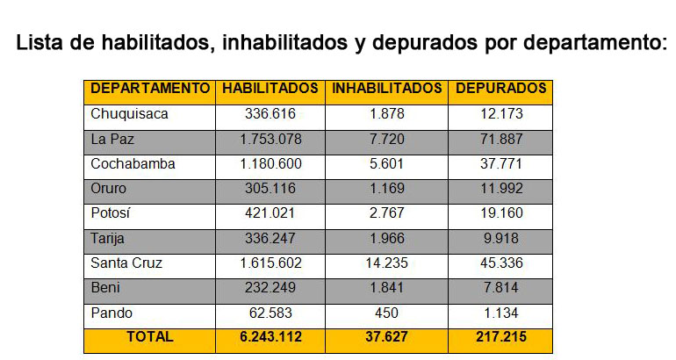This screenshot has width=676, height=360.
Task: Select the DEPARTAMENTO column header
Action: (x=150, y=89)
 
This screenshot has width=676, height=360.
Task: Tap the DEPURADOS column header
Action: (x=500, y=89)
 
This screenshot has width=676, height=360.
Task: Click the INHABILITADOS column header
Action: (x=386, y=89)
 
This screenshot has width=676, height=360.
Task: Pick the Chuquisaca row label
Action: (x=129, y=114)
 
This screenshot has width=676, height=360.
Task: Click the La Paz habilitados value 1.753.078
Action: (x=270, y=139)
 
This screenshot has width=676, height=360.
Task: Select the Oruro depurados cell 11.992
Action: (x=500, y=188)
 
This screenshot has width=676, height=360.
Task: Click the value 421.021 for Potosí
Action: (x=270, y=213)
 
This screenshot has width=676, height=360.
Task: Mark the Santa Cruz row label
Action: (x=126, y=263)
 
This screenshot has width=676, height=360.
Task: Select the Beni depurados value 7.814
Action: (x=500, y=287)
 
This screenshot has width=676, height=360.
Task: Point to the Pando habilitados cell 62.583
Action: (x=270, y=313)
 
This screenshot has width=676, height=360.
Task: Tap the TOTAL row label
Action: (x=150, y=337)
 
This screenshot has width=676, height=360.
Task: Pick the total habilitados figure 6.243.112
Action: (x=270, y=337)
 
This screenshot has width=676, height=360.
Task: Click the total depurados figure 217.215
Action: (x=500, y=337)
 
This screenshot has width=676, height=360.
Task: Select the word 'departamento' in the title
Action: (x=586, y=43)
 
